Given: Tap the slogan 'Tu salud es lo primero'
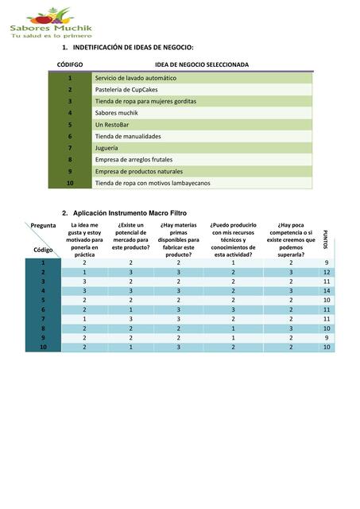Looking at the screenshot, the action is pyautogui.click(x=50, y=36).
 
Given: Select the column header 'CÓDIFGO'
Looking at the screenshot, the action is pyautogui.click(x=70, y=64).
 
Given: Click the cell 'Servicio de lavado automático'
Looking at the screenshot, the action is pyautogui.click(x=135, y=78).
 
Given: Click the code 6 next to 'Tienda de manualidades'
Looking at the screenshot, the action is pyautogui.click(x=70, y=136).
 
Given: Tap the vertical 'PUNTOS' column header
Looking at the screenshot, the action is pyautogui.click(x=326, y=239).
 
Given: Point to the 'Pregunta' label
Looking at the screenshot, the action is pyautogui.click(x=43, y=226).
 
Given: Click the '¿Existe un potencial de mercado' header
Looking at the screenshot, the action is pyautogui.click(x=130, y=236).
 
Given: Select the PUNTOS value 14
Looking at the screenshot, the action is pyautogui.click(x=327, y=291).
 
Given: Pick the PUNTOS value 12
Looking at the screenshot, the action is pyautogui.click(x=327, y=272).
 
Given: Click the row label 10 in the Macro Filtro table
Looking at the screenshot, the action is pyautogui.click(x=43, y=348).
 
